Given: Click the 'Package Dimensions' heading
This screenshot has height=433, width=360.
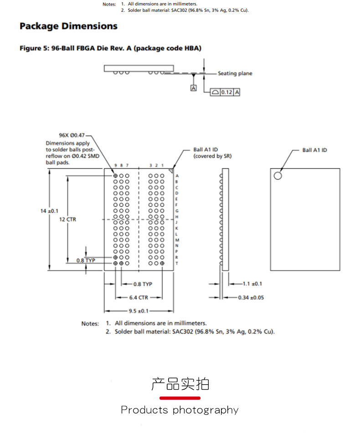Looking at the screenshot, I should coord(68,26).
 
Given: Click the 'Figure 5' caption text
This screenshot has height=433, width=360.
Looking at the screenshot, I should coord(110,48).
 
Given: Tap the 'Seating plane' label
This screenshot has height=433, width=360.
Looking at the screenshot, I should coord(235,73).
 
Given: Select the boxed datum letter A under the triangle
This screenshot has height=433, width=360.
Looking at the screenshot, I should coord(193,88).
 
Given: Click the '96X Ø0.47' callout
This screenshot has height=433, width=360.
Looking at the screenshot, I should coord(72,135).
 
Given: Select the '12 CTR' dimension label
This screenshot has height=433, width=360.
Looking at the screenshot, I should coord(68,219).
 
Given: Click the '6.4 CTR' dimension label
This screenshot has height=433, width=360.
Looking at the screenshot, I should coord(139,298).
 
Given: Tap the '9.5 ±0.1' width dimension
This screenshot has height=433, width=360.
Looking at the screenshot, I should coord(139,311).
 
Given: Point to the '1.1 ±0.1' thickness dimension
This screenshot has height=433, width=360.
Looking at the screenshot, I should coord(252,284).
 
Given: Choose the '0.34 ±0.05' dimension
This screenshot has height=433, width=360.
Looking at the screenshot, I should coord(251,298).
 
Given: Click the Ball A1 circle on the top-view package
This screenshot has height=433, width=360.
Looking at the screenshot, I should coord(278,175).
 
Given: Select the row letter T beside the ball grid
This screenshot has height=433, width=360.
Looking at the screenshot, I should coord(177,263).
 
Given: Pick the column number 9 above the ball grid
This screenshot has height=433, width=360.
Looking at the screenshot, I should coord(115,165).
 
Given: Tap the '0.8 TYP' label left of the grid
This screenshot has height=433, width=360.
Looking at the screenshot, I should coord(86,260).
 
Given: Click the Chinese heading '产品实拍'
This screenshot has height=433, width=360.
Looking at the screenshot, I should coord(180,384).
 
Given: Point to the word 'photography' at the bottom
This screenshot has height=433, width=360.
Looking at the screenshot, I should coord(206,410).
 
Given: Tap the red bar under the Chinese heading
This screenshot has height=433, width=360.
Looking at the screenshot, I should coord(180,398).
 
